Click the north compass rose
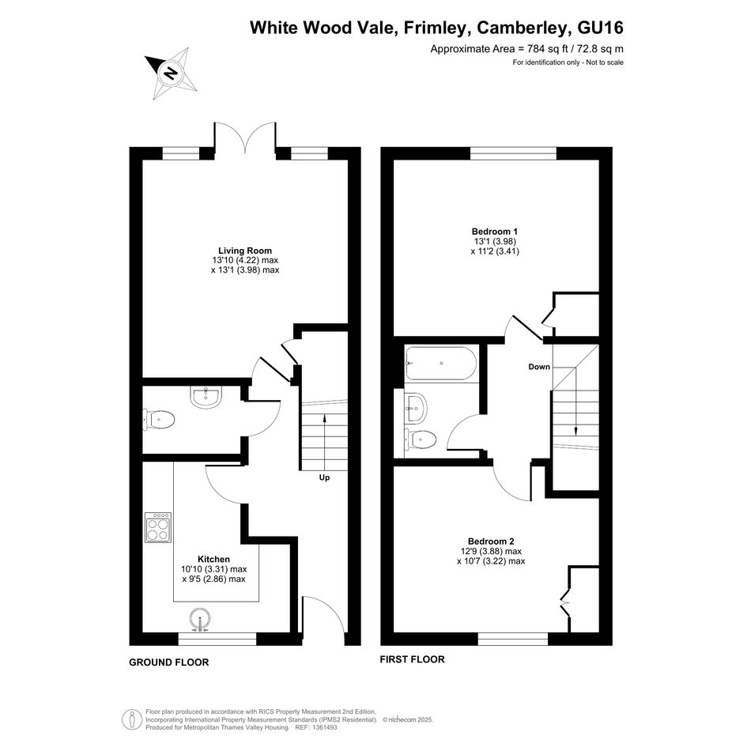171,73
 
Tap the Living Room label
245,251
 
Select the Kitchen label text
214,559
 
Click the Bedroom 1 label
495,232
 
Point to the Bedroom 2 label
491,541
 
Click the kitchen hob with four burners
158,528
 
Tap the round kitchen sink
201,620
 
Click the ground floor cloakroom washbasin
206,398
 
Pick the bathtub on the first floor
440,363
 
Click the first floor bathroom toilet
421,439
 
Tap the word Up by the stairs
324,477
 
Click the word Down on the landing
539,366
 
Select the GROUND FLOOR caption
168,662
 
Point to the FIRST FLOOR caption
412,659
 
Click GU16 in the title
600,28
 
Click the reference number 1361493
323,727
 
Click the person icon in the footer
132,719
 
